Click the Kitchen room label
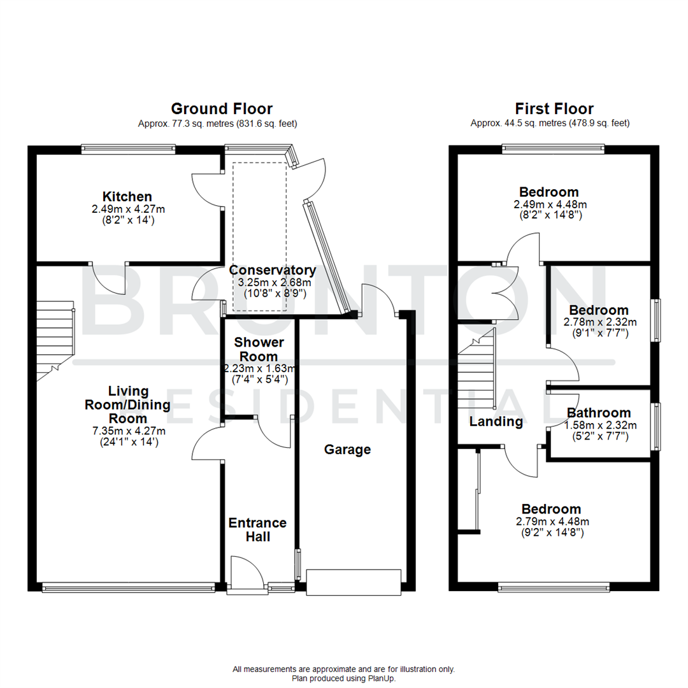tap(127, 196)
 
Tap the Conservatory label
tap(273, 270)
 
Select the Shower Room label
tap(258, 350)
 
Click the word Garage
tap(347, 450)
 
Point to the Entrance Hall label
tap(257, 529)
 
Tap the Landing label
tap(496, 422)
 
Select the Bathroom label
tap(598, 413)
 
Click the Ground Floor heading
tap(221, 109)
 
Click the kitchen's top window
tap(127, 150)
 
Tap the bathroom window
tap(655, 426)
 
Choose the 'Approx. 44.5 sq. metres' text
tap(550, 124)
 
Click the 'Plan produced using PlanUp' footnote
tap(343, 678)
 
